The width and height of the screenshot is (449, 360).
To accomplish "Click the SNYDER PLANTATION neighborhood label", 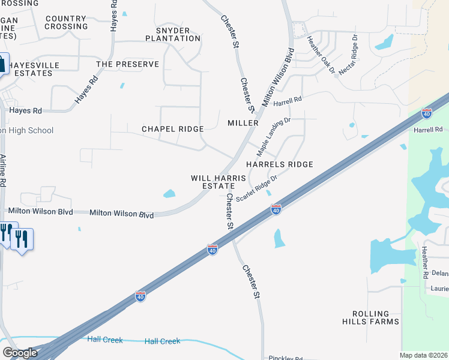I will (x=173, y=34).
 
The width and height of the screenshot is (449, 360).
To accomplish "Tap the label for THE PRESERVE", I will (x=127, y=64).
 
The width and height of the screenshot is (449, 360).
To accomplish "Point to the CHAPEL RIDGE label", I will (x=172, y=129).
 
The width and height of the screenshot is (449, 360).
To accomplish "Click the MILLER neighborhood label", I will (x=243, y=123).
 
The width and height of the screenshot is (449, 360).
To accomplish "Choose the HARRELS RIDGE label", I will (x=279, y=164).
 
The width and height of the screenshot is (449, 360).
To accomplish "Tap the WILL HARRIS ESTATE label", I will (x=218, y=182).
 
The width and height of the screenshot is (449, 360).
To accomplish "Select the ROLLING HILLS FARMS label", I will (x=376, y=317).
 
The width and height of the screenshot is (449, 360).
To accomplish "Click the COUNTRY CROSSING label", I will (x=66, y=23).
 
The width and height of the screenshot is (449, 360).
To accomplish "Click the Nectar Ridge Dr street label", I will (x=348, y=54).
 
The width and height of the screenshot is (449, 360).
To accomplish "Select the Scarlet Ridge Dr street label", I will (x=256, y=188).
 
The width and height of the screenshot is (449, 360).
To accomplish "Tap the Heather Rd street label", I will (x=425, y=262).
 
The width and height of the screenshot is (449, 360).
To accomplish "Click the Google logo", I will (x=20, y=353).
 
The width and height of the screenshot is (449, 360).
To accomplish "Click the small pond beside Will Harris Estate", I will (x=169, y=194).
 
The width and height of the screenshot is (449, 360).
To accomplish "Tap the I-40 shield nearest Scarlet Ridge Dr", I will (x=276, y=209).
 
